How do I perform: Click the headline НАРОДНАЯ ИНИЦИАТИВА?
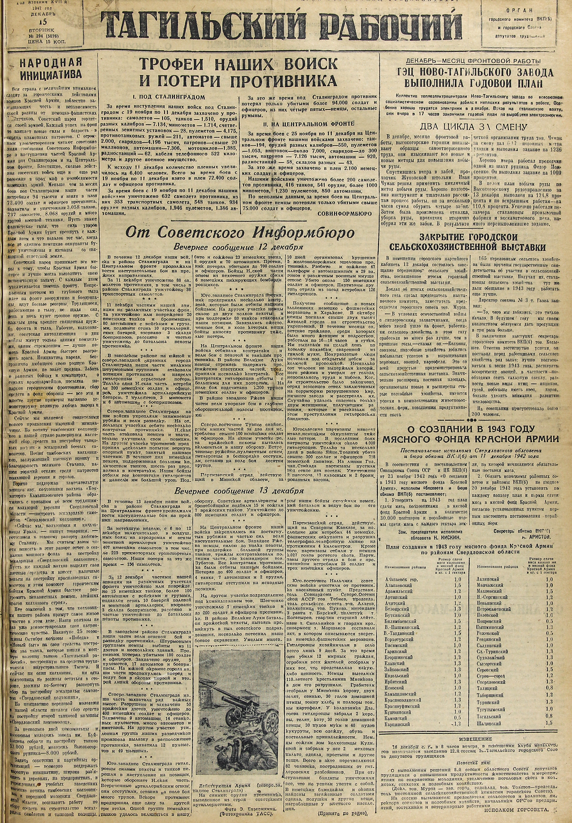(x=50, y=68)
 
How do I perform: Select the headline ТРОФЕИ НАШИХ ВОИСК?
(x=238, y=64)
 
